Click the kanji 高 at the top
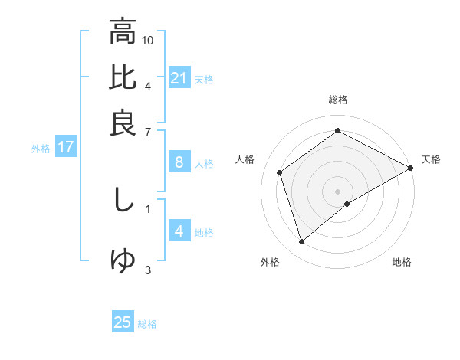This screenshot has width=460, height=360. pos(123,33)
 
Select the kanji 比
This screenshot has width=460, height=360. pos(123,78)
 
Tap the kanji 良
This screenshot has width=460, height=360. pos(123,123)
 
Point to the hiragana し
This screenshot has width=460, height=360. pos(123,201)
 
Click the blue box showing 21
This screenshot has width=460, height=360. pos(179,78)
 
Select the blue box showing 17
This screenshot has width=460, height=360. pos(66,148)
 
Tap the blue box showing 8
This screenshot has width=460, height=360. pos(179,162)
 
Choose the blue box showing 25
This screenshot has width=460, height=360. pos(123,322)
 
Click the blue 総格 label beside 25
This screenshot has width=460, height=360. pos(147,324)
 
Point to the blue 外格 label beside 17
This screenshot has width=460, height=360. pos(41,149)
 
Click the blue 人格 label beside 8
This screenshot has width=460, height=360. pos(204,163)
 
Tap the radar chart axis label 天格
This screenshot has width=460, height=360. pos(431,159)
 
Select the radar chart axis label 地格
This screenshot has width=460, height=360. pos(402,262)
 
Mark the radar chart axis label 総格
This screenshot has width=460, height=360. pos(338,100)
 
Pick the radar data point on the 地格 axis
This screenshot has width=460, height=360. pos(347,204)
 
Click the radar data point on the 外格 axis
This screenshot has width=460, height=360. pos(302,242)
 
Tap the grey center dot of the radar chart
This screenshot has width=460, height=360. pos(338,191)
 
